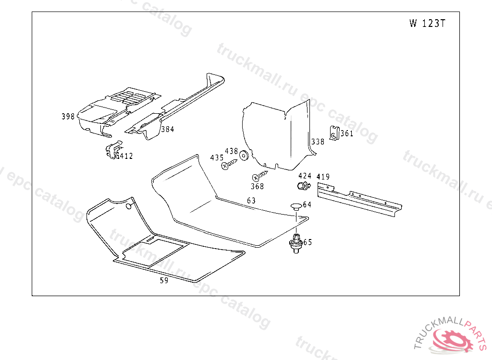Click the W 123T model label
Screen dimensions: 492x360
coord(427,23)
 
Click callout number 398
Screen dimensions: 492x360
coord(68,116)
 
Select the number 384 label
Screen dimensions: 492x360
coord(168,129)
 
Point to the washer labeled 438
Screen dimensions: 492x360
coord(244,156)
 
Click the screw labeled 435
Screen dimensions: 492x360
coord(229,164)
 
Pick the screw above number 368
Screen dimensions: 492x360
coord(260,176)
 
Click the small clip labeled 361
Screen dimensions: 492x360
coord(334,133)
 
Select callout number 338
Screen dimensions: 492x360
coord(318,142)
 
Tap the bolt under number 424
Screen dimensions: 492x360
coord(304,186)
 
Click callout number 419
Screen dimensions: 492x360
coord(323,177)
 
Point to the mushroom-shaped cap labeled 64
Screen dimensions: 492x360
coord(296,207)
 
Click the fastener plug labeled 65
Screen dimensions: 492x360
coord(295,243)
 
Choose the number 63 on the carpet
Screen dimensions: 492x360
coord(251,201)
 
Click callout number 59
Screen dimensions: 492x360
coord(164,280)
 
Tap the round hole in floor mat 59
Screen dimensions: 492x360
coord(129,206)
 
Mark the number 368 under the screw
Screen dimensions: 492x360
coord(258,187)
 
